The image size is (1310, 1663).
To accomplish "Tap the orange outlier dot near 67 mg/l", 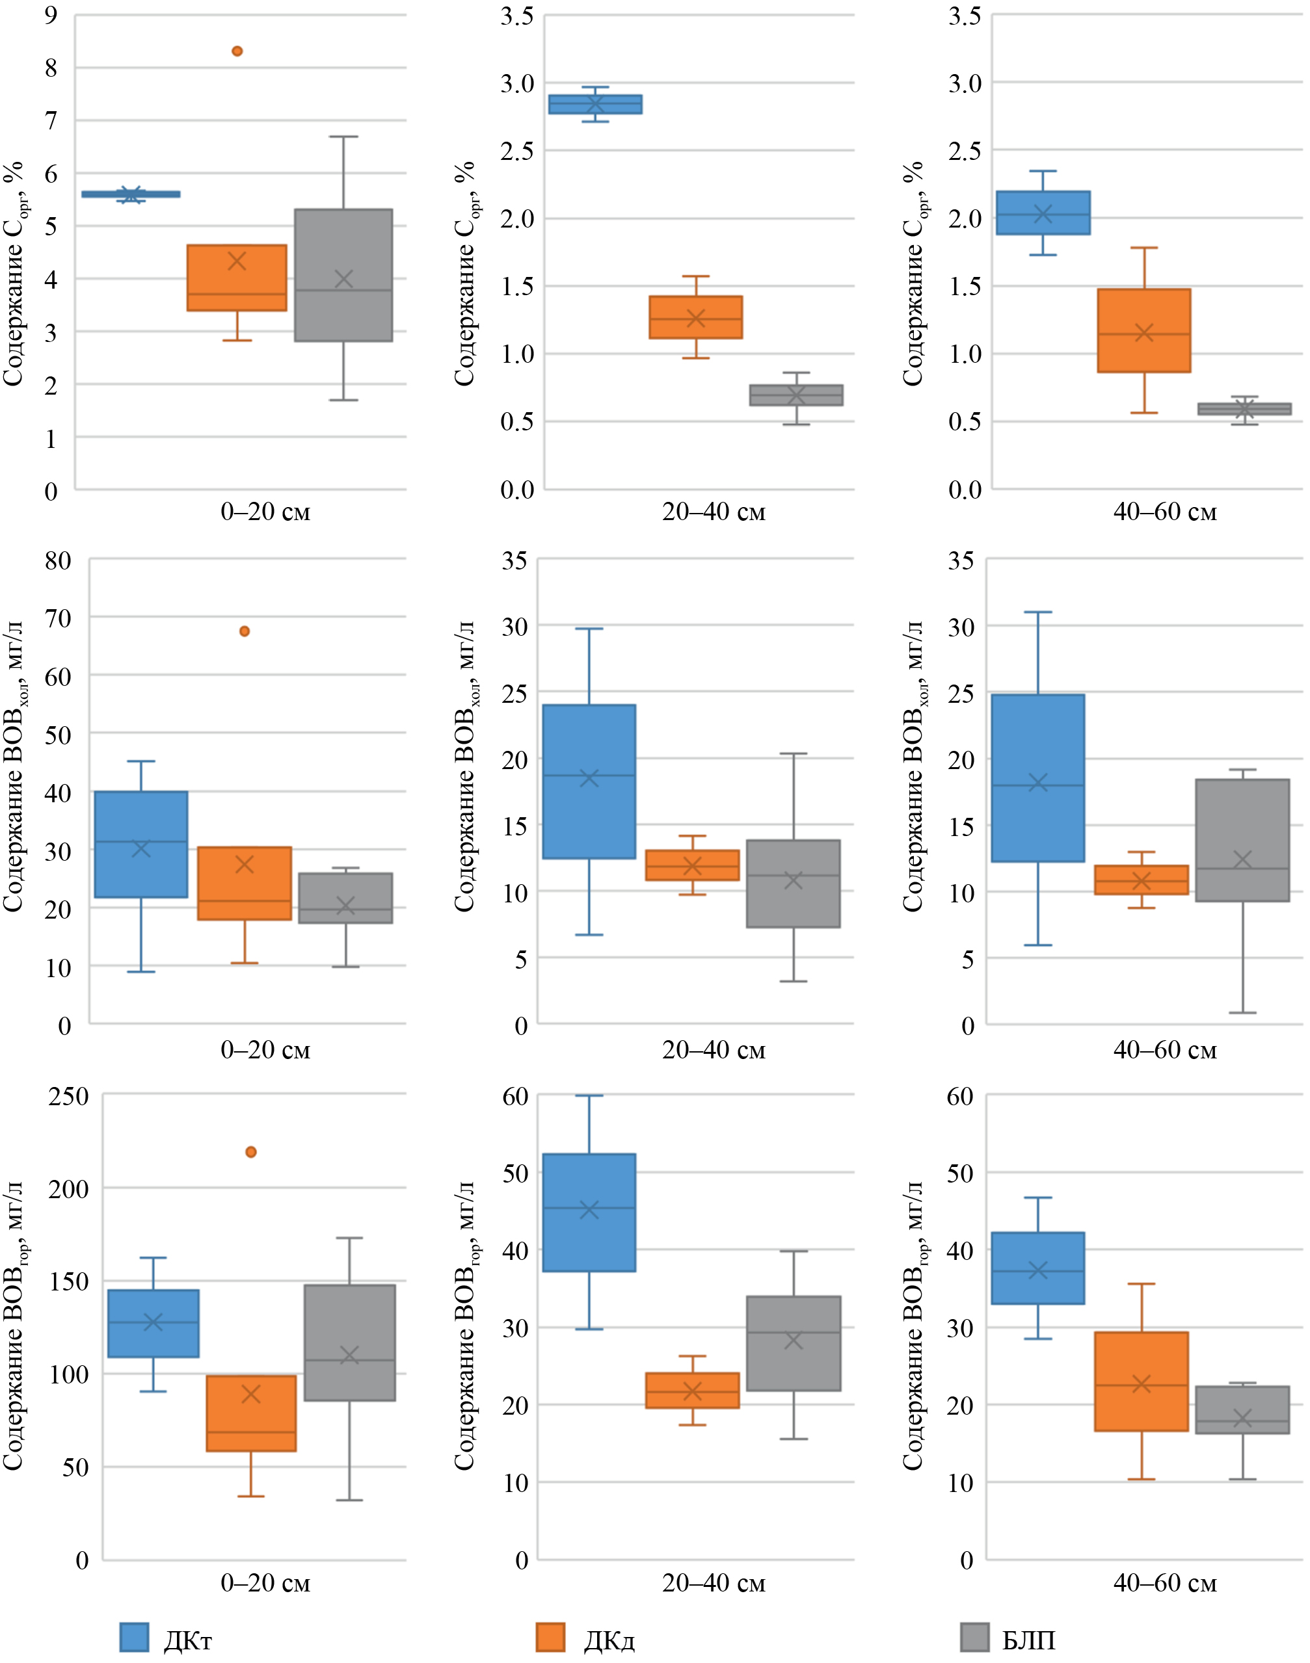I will coord(245,631).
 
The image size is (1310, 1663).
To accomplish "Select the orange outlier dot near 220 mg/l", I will coord(251,1151).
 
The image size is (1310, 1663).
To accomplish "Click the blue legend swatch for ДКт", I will coord(134,1637).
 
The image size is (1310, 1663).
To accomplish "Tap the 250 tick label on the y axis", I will coord(68,1095).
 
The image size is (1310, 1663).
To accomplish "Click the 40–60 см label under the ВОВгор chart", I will coord(1164,1582).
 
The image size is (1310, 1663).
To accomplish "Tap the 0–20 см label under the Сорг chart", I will coord(265,512).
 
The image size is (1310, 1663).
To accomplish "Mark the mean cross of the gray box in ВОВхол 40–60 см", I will coord(1242,859).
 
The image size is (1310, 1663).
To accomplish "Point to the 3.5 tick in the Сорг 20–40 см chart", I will coord(517,16).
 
